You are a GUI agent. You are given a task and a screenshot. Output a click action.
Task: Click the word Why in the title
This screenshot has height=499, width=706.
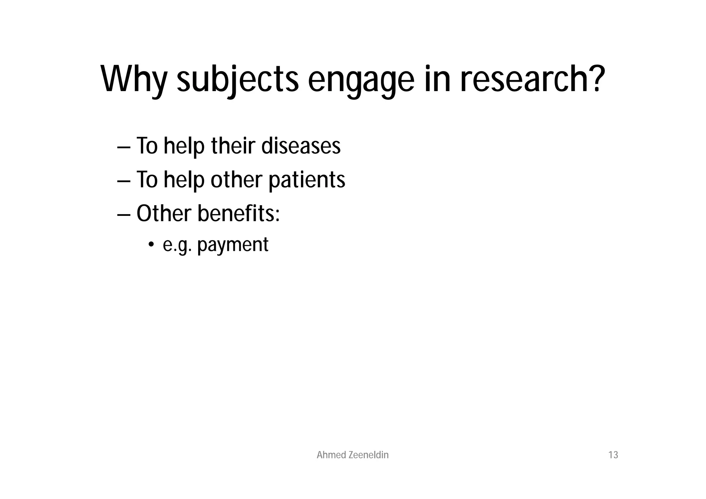coord(134,80)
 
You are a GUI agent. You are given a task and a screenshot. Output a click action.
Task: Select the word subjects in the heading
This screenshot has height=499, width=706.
coord(238,80)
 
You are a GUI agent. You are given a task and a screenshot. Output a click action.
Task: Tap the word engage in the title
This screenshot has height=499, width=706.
coord(361,80)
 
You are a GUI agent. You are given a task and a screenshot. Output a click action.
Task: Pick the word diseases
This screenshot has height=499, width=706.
coord(301,146)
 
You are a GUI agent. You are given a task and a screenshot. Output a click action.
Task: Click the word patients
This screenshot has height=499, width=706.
coord(306,180)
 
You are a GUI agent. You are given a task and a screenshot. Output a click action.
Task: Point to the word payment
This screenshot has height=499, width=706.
coord(233,245)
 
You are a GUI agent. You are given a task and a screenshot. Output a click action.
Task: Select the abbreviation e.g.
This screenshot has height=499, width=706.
coord(177,245)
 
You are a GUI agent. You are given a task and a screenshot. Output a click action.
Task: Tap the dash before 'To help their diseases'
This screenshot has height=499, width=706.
coord(124,147)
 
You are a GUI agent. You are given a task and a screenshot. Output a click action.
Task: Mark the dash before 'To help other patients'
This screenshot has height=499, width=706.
coord(124,181)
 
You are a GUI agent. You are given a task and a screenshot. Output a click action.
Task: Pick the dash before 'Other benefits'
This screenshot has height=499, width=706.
coord(124,214)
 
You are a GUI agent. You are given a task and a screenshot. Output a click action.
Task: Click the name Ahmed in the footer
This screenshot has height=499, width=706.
coord(331,455)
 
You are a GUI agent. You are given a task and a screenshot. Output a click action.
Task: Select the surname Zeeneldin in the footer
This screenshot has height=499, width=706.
coord(369,455)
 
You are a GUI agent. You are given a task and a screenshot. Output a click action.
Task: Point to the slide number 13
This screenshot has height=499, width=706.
coord(613,455)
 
